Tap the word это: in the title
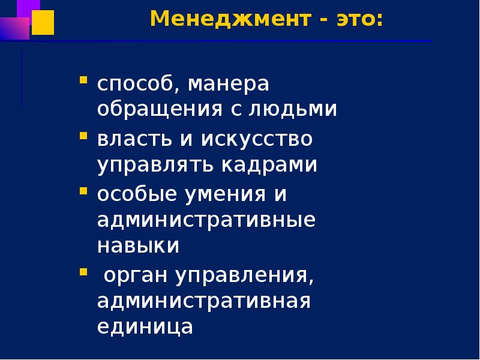(356, 19)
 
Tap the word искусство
(257, 140)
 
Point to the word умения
(225, 194)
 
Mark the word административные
(206, 220)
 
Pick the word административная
(204, 301)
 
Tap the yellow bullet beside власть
(83, 135)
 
